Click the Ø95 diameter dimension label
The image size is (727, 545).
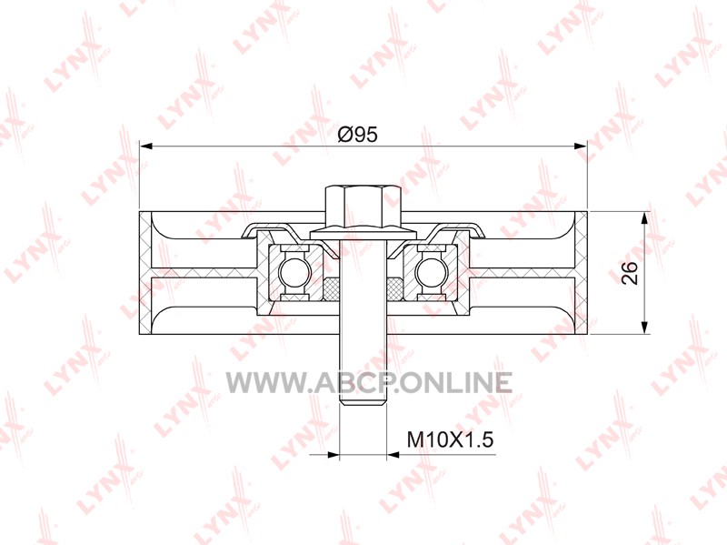357,135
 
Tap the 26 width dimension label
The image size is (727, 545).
630,273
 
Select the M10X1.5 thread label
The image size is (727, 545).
450,439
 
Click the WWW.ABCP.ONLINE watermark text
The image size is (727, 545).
369,382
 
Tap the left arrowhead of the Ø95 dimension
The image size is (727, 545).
145,146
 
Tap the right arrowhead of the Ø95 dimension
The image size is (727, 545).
581,146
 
